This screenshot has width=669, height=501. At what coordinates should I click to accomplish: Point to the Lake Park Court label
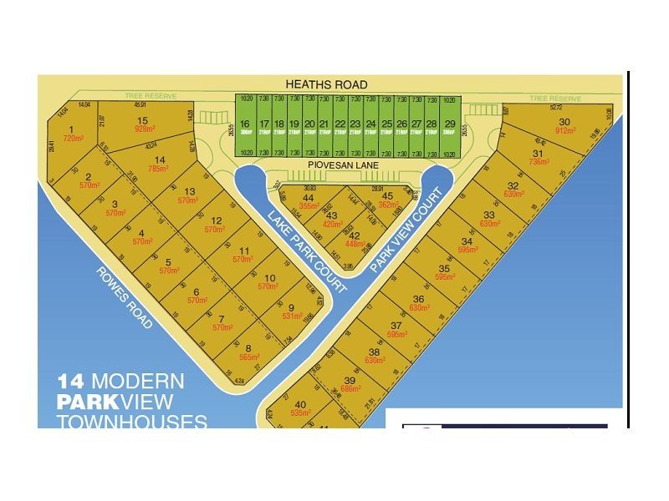tap(307, 250)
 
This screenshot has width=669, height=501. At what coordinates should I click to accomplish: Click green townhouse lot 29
tap(450, 127)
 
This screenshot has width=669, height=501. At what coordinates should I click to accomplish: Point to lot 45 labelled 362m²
tap(387, 200)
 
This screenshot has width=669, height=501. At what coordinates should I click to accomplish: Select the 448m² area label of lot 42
tap(355, 245)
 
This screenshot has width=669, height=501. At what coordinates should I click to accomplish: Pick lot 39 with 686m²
tap(350, 385)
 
